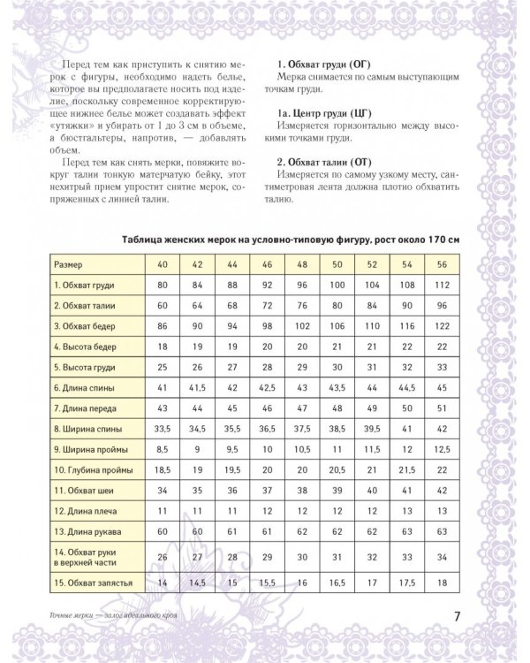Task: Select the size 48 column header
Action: (x=300, y=264)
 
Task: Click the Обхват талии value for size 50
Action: (x=336, y=305)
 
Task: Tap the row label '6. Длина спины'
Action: (x=83, y=387)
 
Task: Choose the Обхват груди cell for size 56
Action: (x=441, y=285)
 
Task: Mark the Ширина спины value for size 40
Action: (x=162, y=428)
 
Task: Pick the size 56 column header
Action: (x=441, y=264)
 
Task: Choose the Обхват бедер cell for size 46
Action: (x=266, y=325)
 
